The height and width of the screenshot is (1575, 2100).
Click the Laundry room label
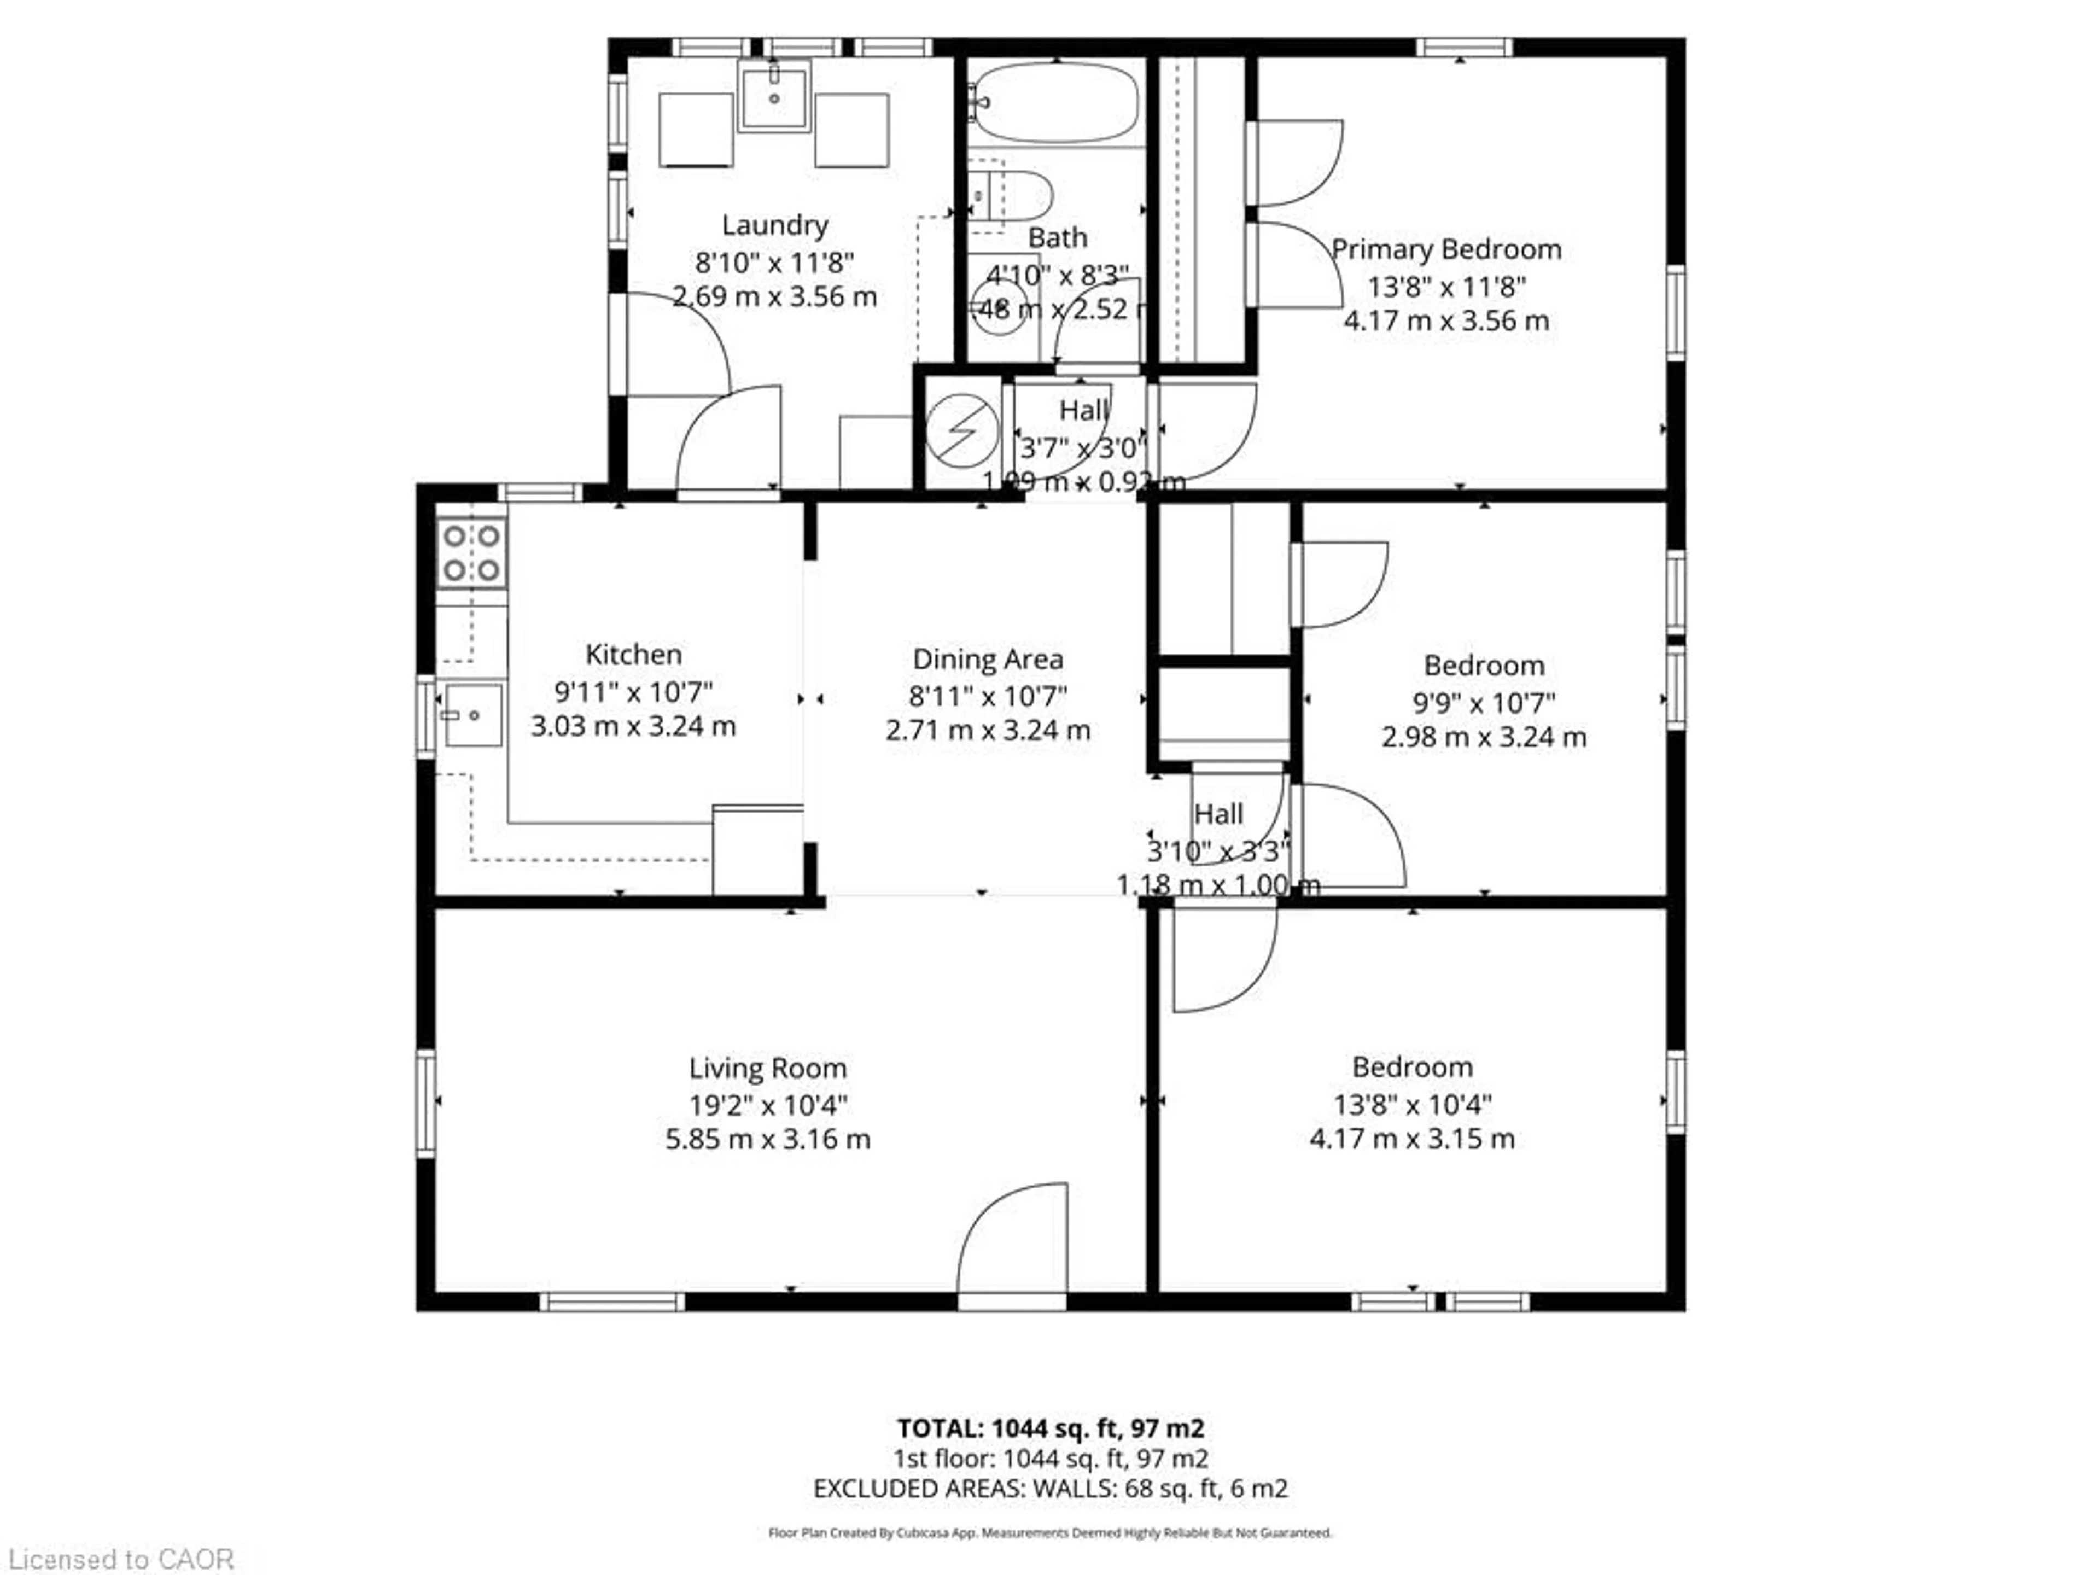[x=775, y=225]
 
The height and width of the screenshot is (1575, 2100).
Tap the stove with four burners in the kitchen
[x=471, y=553]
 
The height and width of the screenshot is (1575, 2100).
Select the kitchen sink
[x=473, y=714]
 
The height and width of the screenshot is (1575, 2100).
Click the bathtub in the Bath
[x=1055, y=102]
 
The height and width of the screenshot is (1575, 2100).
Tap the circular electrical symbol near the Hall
[x=962, y=431]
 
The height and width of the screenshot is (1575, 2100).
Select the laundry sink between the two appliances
[x=775, y=96]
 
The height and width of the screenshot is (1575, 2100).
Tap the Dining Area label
[x=987, y=659]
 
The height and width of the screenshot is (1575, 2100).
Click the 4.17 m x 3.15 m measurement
[x=1411, y=1138]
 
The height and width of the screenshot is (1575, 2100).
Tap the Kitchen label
[x=633, y=654]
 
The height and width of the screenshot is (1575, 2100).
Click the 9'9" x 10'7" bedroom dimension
[x=1483, y=703]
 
